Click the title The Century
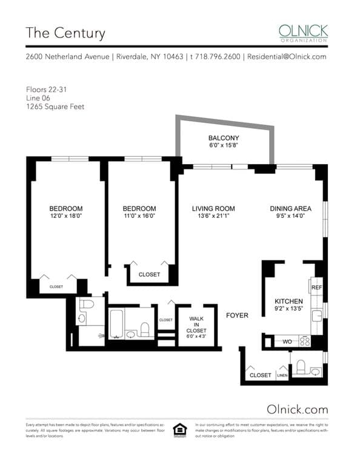pos(65,33)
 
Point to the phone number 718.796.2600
pos(216,56)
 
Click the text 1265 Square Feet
pos(55,107)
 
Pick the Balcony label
pos(224,138)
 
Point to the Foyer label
pos(238,315)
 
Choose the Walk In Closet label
pos(196,323)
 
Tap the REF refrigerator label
pos(316,288)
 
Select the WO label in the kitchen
pos(287,341)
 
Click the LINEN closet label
pos(283,375)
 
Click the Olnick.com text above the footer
pos(297,409)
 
